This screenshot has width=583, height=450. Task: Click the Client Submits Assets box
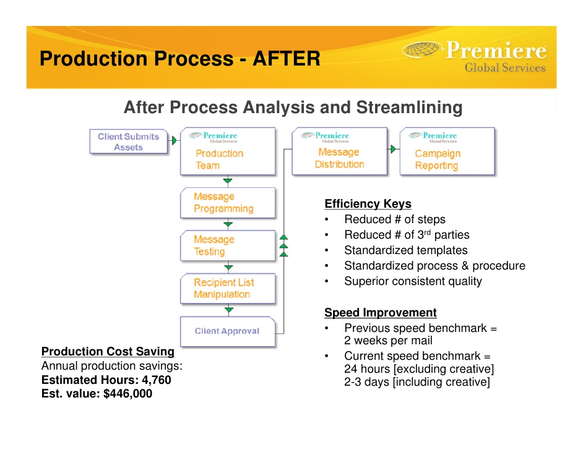[x=128, y=142]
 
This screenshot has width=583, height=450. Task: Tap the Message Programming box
[x=227, y=203]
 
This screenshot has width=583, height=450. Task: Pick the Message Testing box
[x=227, y=245]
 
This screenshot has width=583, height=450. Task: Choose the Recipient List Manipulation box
[x=227, y=288]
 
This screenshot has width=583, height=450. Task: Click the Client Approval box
[x=227, y=331]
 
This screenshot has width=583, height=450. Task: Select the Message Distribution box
[x=339, y=151]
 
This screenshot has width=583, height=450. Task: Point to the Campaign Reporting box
[x=447, y=152]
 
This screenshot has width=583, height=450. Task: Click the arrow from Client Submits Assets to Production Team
[x=175, y=140]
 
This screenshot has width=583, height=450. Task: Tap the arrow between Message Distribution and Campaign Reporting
[x=393, y=149]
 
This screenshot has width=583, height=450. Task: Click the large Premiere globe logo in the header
[x=423, y=51]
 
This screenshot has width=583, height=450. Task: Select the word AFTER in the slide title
[x=286, y=59]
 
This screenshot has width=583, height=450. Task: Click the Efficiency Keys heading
[x=368, y=204]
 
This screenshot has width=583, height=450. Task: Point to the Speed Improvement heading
[x=380, y=313]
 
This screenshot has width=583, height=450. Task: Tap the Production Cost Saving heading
[x=108, y=352]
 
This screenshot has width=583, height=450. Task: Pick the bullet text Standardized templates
[x=405, y=250]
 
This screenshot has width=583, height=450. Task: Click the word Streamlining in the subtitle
[x=409, y=108]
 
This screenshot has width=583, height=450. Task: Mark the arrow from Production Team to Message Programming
[x=228, y=181]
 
